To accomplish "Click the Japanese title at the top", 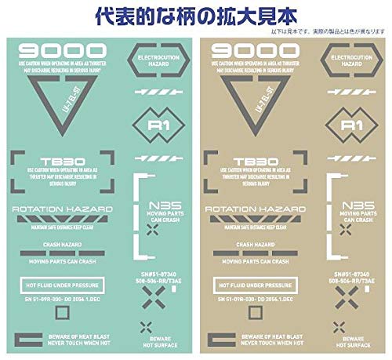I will point(195,15).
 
